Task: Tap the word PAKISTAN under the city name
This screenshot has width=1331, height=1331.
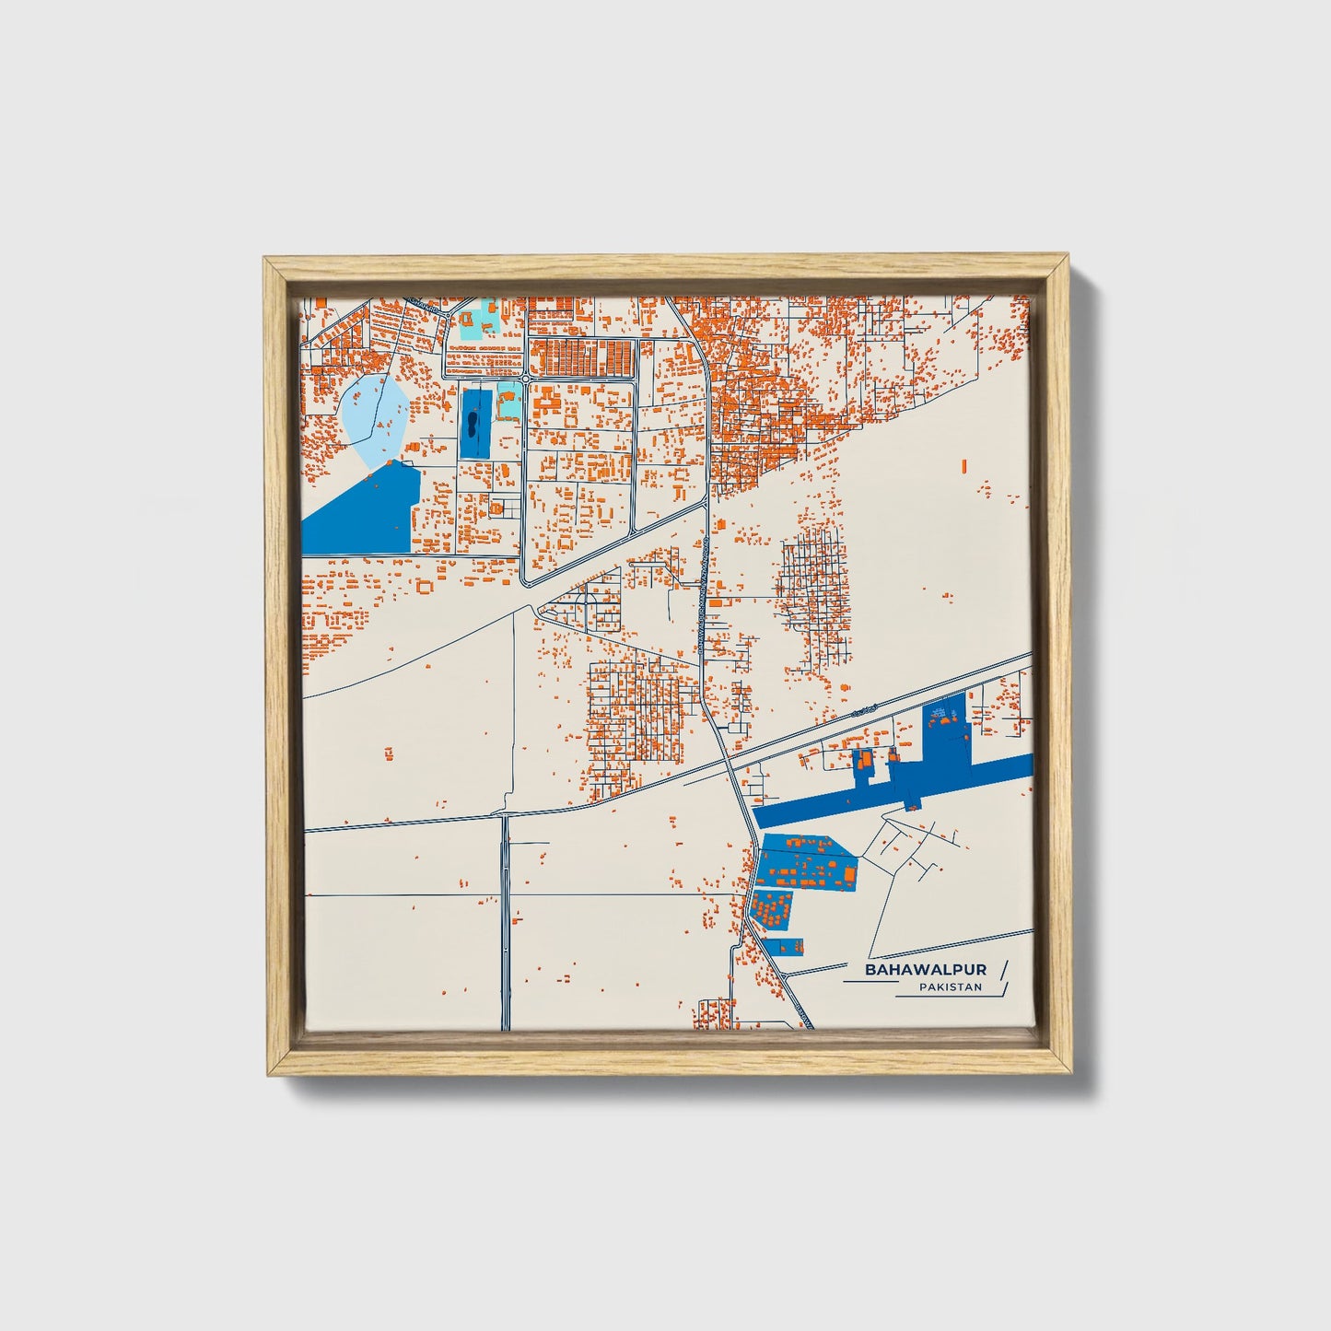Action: [x=950, y=987]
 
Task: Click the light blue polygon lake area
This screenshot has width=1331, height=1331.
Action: [x=374, y=419]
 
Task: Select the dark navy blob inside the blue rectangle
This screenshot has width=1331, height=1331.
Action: [x=472, y=425]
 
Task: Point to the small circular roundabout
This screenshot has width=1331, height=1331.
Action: [x=524, y=379]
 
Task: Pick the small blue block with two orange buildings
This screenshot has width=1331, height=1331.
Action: [x=789, y=945]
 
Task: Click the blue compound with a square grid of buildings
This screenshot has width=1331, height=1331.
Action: [x=771, y=908]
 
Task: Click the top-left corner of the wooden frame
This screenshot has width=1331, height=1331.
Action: [x=267, y=261]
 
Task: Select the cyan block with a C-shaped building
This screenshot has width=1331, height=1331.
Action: [x=508, y=402]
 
